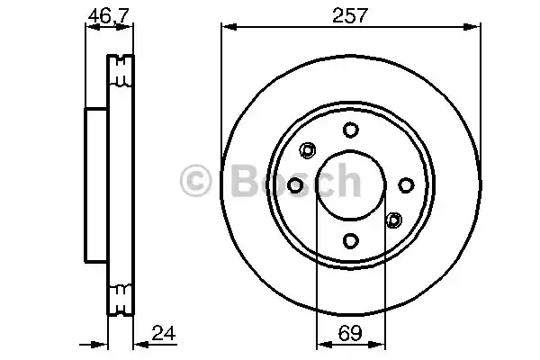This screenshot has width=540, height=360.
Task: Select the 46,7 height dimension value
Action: click(106, 14)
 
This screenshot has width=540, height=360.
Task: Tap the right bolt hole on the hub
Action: click(405, 184)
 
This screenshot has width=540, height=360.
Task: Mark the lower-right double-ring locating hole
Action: click(391, 220)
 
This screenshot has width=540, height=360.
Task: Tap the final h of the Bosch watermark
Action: click(345, 183)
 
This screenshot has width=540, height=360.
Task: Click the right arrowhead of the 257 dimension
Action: click(473, 30)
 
